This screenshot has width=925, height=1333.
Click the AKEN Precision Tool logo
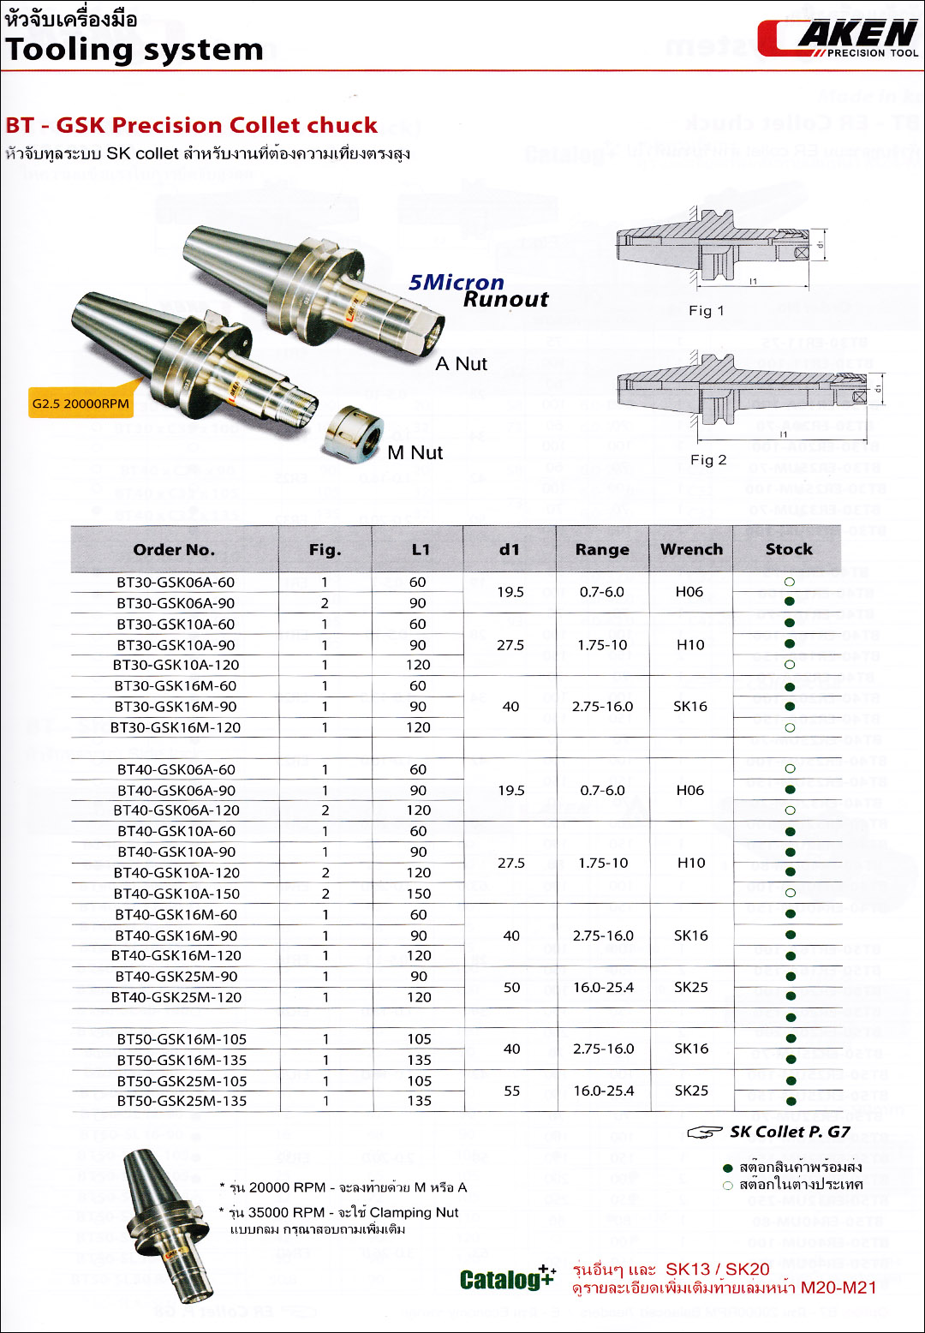pyautogui.click(x=837, y=39)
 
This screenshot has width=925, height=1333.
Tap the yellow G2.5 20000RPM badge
pyautogui.click(x=81, y=403)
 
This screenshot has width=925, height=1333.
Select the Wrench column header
pyautogui.click(x=691, y=549)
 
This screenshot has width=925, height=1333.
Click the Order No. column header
pyautogui.click(x=174, y=550)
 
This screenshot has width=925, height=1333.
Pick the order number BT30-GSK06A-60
pyautogui.click(x=176, y=583)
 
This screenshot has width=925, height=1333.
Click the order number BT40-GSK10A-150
pyautogui.click(x=176, y=894)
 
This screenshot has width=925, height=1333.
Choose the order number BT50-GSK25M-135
pyautogui.click(x=182, y=1101)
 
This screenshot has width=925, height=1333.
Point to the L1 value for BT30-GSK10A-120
pyautogui.click(x=418, y=665)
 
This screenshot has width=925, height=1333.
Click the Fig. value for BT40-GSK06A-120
pyautogui.click(x=325, y=810)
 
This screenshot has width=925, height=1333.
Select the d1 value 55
pyautogui.click(x=512, y=1091)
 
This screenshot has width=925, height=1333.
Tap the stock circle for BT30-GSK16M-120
pyautogui.click(x=790, y=727)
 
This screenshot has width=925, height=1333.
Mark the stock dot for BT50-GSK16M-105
pyautogui.click(x=791, y=1039)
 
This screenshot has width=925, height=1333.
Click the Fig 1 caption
pyautogui.click(x=707, y=310)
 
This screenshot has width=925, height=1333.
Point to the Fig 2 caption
pyautogui.click(x=708, y=460)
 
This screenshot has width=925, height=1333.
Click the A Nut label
pyautogui.click(x=461, y=364)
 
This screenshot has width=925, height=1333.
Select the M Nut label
pyautogui.click(x=415, y=452)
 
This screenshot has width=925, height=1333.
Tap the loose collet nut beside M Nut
pyautogui.click(x=353, y=433)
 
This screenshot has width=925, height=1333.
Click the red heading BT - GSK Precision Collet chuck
pyautogui.click(x=191, y=125)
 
